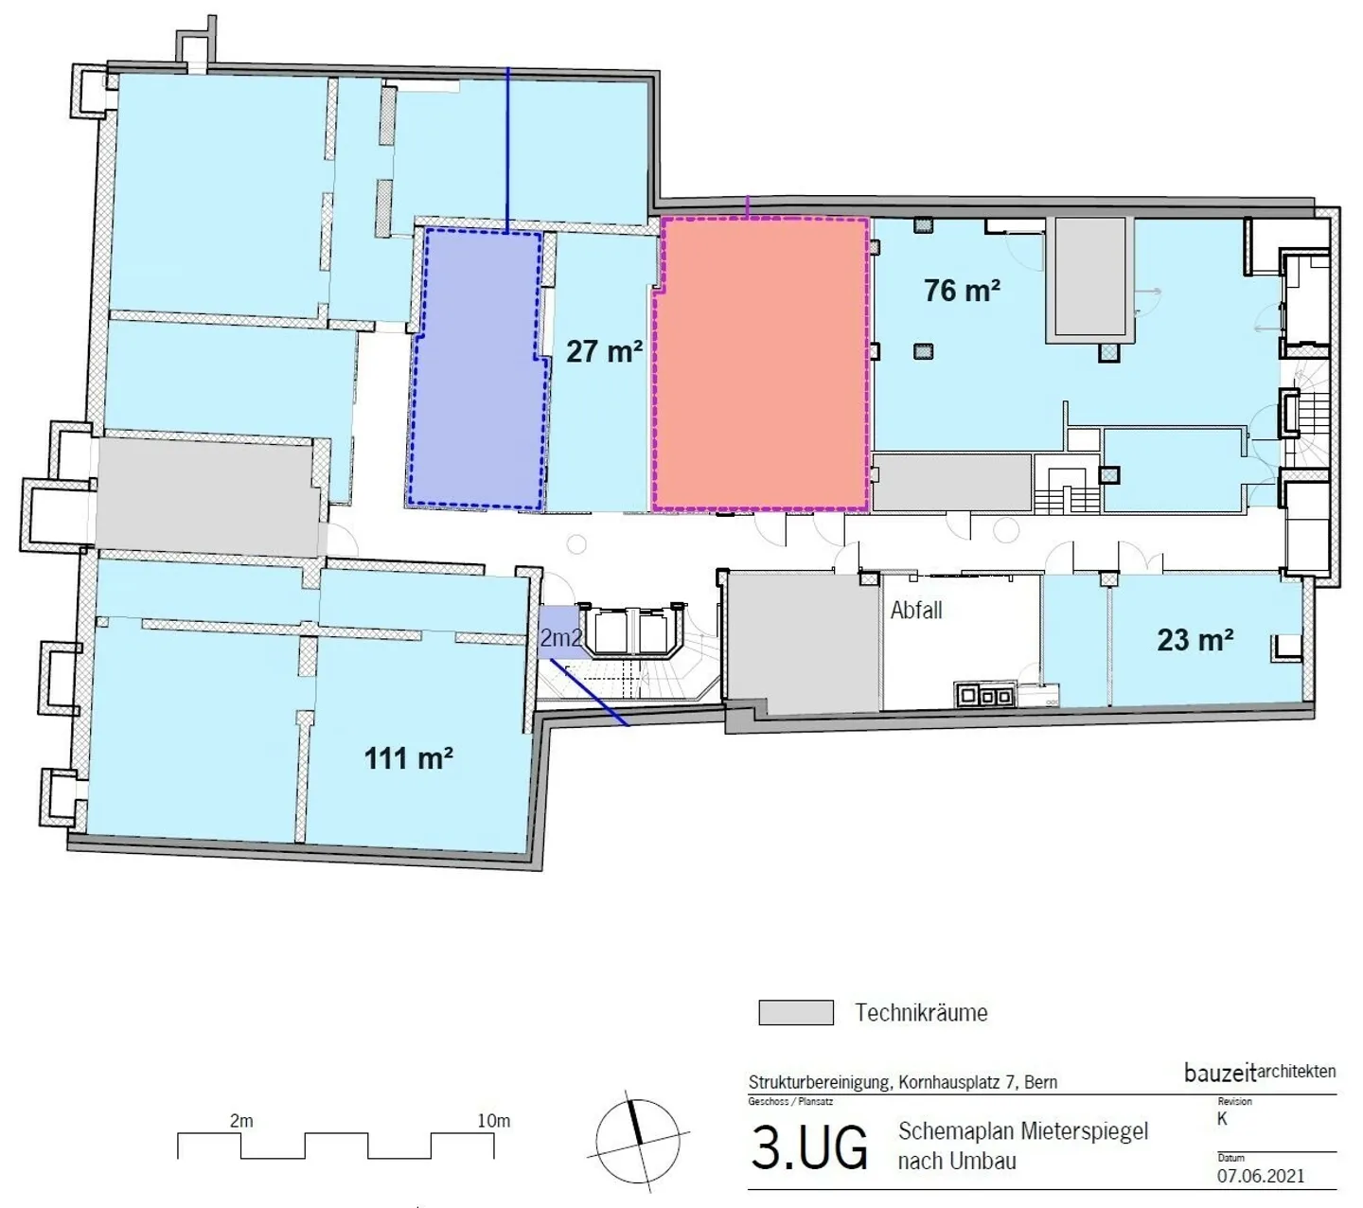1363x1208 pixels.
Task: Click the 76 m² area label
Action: click(x=962, y=290)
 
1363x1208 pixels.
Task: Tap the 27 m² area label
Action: click(x=604, y=351)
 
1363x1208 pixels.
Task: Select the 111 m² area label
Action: click(x=408, y=757)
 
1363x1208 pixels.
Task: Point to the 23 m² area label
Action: click(x=1195, y=639)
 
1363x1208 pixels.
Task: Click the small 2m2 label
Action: click(x=560, y=636)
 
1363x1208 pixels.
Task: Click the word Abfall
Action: click(x=916, y=610)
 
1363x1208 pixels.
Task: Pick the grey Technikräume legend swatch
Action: click(x=796, y=1012)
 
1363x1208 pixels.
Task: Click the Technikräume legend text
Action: click(x=921, y=1012)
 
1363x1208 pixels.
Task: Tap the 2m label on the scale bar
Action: click(x=241, y=1121)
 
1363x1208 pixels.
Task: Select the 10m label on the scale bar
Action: click(x=494, y=1121)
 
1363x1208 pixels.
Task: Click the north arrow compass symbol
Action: click(x=637, y=1142)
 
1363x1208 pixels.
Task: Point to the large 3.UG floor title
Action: click(x=808, y=1148)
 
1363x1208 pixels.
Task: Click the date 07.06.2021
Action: click(x=1260, y=1176)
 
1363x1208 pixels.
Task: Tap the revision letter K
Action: click(x=1222, y=1118)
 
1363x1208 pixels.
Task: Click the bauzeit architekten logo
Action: click(x=1260, y=1073)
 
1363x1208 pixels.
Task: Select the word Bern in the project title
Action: click(x=1041, y=1082)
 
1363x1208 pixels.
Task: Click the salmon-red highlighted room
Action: click(x=760, y=364)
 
